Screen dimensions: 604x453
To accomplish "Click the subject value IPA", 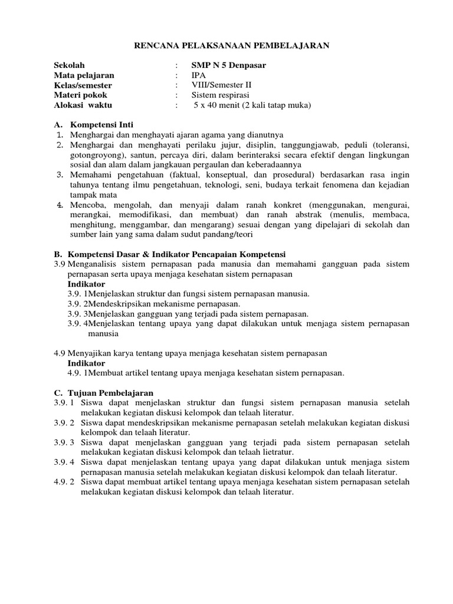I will [199, 75].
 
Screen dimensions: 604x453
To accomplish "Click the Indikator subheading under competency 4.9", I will [86, 363].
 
